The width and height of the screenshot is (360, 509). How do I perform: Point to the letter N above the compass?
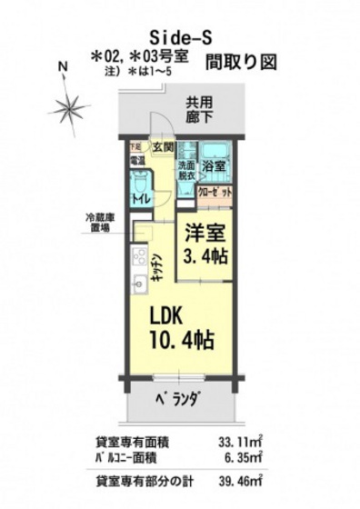click(x=62, y=65)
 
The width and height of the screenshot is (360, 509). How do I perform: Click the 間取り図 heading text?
click(x=240, y=63)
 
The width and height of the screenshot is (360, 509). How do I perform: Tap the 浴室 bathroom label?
click(x=215, y=167)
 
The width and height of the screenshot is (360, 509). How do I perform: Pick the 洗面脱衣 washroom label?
click(x=186, y=170)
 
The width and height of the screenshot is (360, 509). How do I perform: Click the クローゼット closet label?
click(x=215, y=194)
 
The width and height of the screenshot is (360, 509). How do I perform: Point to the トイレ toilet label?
click(x=140, y=199)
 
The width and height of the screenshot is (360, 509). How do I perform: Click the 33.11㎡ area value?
click(x=239, y=444)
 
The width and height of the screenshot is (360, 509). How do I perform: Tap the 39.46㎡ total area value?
click(x=239, y=482)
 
